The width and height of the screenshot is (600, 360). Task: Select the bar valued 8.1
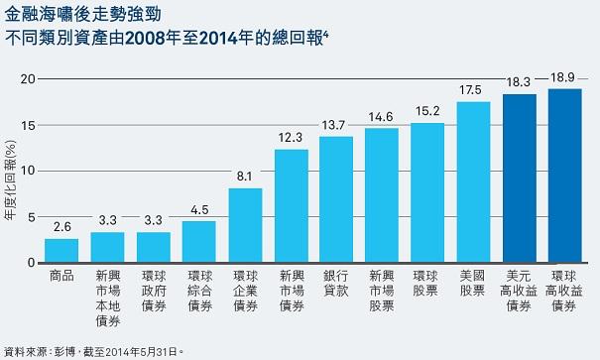point(245,225)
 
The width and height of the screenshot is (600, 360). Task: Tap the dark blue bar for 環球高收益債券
point(565,176)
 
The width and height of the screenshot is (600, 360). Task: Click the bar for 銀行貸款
point(336,199)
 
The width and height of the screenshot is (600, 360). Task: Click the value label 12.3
point(291,140)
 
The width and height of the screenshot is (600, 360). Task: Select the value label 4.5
point(199,211)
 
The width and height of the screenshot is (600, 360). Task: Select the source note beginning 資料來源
point(94,350)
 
